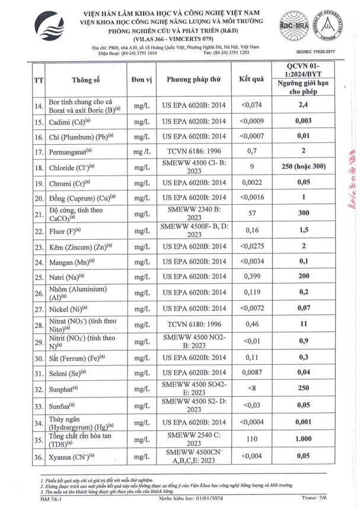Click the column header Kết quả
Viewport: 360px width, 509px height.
[x=251, y=79]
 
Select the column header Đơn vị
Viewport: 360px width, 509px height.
[x=143, y=79]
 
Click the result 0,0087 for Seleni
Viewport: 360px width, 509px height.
[x=251, y=373]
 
